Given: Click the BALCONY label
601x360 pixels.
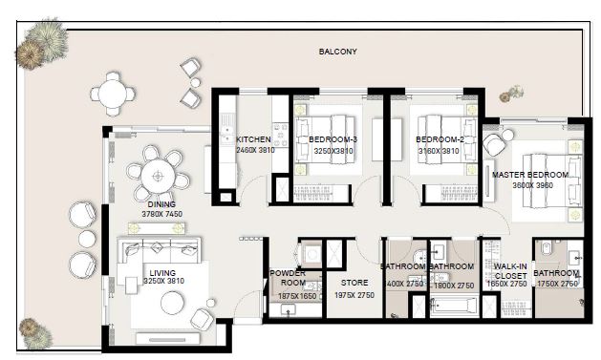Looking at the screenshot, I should (x=337, y=52).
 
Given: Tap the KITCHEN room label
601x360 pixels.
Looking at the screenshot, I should (x=254, y=139).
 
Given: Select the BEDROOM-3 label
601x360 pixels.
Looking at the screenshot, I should (x=333, y=139).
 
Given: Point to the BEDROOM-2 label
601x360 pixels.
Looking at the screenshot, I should (x=440, y=139).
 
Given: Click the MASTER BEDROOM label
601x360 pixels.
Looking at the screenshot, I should (x=529, y=176).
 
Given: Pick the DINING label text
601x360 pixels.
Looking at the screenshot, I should (x=161, y=204).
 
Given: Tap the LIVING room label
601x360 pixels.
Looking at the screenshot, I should (x=161, y=273).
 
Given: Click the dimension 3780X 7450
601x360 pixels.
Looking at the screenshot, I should (x=161, y=215).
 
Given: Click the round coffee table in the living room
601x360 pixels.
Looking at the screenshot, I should (x=173, y=303).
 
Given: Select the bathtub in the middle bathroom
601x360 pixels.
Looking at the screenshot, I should (x=452, y=307).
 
